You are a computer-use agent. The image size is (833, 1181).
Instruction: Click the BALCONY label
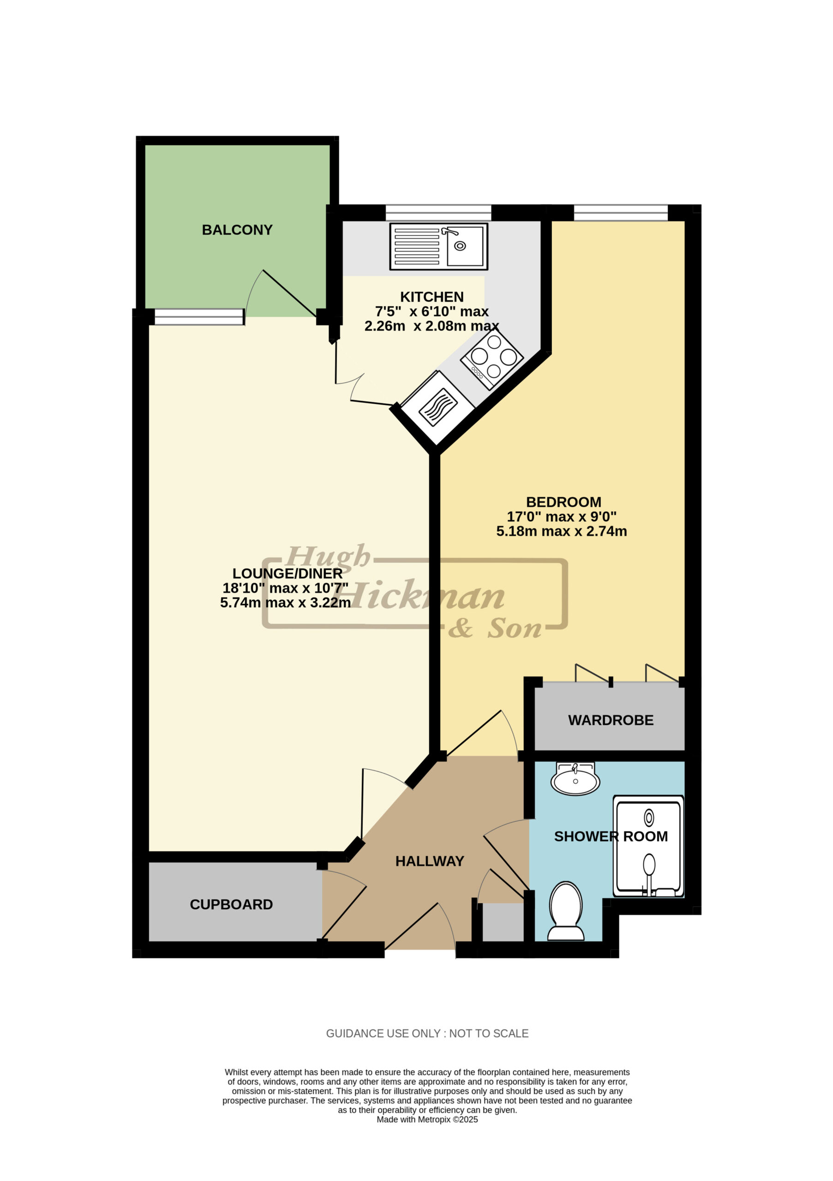[x=237, y=230]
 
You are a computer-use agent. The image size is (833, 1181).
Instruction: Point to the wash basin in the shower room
[x=575, y=779]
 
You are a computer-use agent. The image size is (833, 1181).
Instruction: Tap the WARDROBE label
[x=611, y=720]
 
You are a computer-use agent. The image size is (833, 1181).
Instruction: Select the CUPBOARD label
[x=231, y=904]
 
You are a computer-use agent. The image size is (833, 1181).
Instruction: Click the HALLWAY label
[x=430, y=861]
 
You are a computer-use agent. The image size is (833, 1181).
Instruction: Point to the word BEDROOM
[x=563, y=502]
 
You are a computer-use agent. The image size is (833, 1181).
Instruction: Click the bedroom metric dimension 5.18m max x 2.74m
[x=561, y=531]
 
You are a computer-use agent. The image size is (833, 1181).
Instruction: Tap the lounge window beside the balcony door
[x=199, y=317]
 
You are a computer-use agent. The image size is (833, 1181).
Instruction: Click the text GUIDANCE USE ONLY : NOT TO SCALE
[x=427, y=1033]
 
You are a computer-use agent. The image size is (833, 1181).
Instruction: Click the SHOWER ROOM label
[x=611, y=836]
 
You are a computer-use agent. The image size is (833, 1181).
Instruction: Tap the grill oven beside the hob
[x=438, y=407]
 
